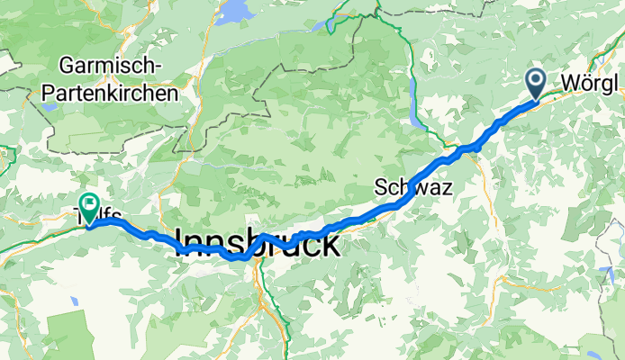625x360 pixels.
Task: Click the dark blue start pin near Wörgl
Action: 536,83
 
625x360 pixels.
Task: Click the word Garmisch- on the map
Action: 111,66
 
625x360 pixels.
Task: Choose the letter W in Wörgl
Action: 570,83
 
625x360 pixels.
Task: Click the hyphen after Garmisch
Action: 159,67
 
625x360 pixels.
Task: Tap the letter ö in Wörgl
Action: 586,83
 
